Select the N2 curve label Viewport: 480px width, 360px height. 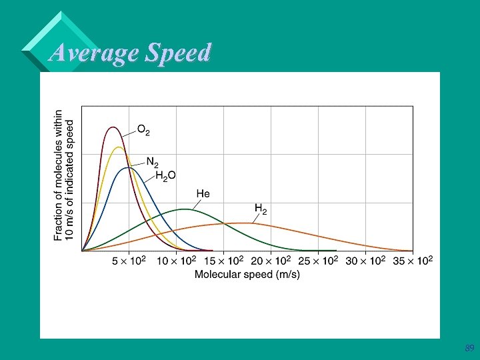(152, 162)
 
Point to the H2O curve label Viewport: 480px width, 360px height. (165, 175)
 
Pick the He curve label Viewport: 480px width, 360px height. (203, 194)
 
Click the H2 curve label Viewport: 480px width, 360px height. (261, 209)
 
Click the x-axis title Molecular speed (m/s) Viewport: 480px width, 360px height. (247, 275)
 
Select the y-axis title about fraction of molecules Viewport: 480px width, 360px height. (64, 175)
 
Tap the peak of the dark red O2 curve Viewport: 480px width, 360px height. (113, 127)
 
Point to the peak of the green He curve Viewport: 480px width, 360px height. (184, 209)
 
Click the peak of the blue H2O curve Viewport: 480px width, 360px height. (128, 167)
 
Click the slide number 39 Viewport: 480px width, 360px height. (469, 349)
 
